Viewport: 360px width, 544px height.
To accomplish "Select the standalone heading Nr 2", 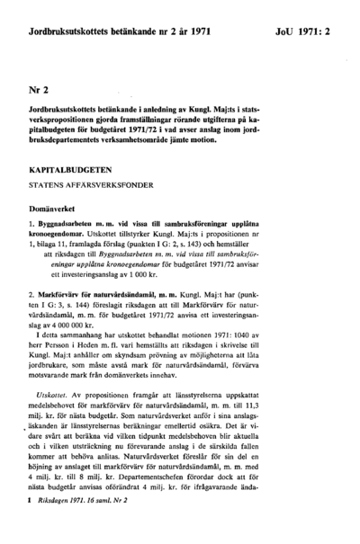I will click(39, 91).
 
